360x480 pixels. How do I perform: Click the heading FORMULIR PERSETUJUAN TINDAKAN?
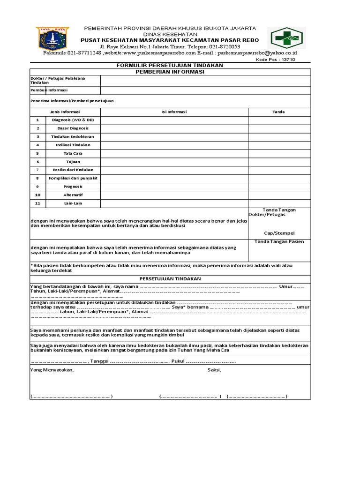click(170, 65)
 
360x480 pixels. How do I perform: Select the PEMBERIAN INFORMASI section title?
click(170, 72)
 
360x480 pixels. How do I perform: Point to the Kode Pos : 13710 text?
click(276, 60)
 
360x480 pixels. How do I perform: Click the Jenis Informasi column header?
click(65, 112)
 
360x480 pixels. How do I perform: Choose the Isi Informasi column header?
click(174, 112)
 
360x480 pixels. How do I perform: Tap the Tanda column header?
click(278, 112)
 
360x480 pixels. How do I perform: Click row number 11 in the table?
click(37, 203)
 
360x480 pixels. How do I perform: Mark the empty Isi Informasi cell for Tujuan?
click(174, 162)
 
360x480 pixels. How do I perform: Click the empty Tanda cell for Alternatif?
click(279, 195)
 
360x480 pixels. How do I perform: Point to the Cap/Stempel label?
click(279, 233)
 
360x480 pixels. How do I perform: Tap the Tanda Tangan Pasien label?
click(279, 242)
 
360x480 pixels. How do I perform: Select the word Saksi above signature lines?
click(214, 370)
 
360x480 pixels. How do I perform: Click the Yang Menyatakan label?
click(52, 370)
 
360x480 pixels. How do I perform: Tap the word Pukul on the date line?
click(178, 361)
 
